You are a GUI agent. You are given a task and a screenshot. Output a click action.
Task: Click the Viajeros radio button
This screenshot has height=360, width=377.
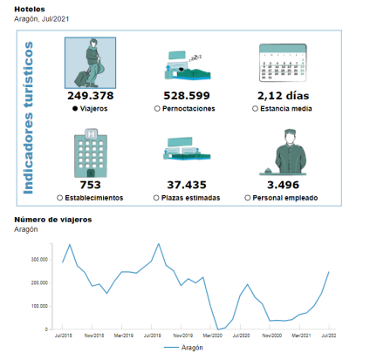[x=75, y=108]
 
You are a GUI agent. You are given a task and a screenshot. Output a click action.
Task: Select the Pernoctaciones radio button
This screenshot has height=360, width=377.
[x=157, y=108]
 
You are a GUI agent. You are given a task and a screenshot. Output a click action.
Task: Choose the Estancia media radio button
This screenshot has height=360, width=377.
[x=255, y=108]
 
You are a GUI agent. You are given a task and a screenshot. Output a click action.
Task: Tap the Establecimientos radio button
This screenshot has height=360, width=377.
[x=59, y=198]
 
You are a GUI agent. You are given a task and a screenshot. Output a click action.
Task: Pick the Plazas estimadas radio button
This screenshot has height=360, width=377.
[x=156, y=198]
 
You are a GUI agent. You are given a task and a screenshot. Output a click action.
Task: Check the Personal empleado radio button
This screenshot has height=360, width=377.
[x=247, y=198]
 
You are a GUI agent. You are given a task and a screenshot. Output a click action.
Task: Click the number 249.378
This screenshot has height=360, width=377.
[x=91, y=96]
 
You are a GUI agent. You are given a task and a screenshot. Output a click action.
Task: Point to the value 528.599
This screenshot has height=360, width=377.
[x=187, y=96]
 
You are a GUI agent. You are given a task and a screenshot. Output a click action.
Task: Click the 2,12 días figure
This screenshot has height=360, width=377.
[x=283, y=96]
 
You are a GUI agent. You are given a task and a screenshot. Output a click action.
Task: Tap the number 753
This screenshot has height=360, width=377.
[x=91, y=185]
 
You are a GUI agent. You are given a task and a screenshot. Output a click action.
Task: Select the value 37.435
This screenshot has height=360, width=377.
[x=187, y=185]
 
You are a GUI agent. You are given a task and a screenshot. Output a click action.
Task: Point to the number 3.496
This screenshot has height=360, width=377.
[x=283, y=185]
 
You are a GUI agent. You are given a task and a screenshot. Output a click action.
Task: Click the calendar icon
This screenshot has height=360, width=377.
[x=283, y=63]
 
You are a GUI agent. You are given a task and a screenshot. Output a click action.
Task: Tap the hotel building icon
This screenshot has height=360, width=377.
[x=91, y=153]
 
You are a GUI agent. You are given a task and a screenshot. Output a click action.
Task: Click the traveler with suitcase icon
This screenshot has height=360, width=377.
[x=90, y=63]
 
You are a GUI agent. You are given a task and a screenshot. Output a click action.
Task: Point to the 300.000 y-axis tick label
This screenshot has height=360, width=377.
[x=39, y=260]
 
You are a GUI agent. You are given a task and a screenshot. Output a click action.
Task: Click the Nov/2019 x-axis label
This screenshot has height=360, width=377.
[x=182, y=336]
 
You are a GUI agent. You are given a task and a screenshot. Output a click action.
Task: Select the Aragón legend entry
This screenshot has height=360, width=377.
[x=183, y=348]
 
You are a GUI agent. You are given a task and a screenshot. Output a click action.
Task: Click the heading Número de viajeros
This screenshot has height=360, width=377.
[x=53, y=220]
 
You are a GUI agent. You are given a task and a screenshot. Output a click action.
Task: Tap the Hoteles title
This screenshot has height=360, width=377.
[x=30, y=10]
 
